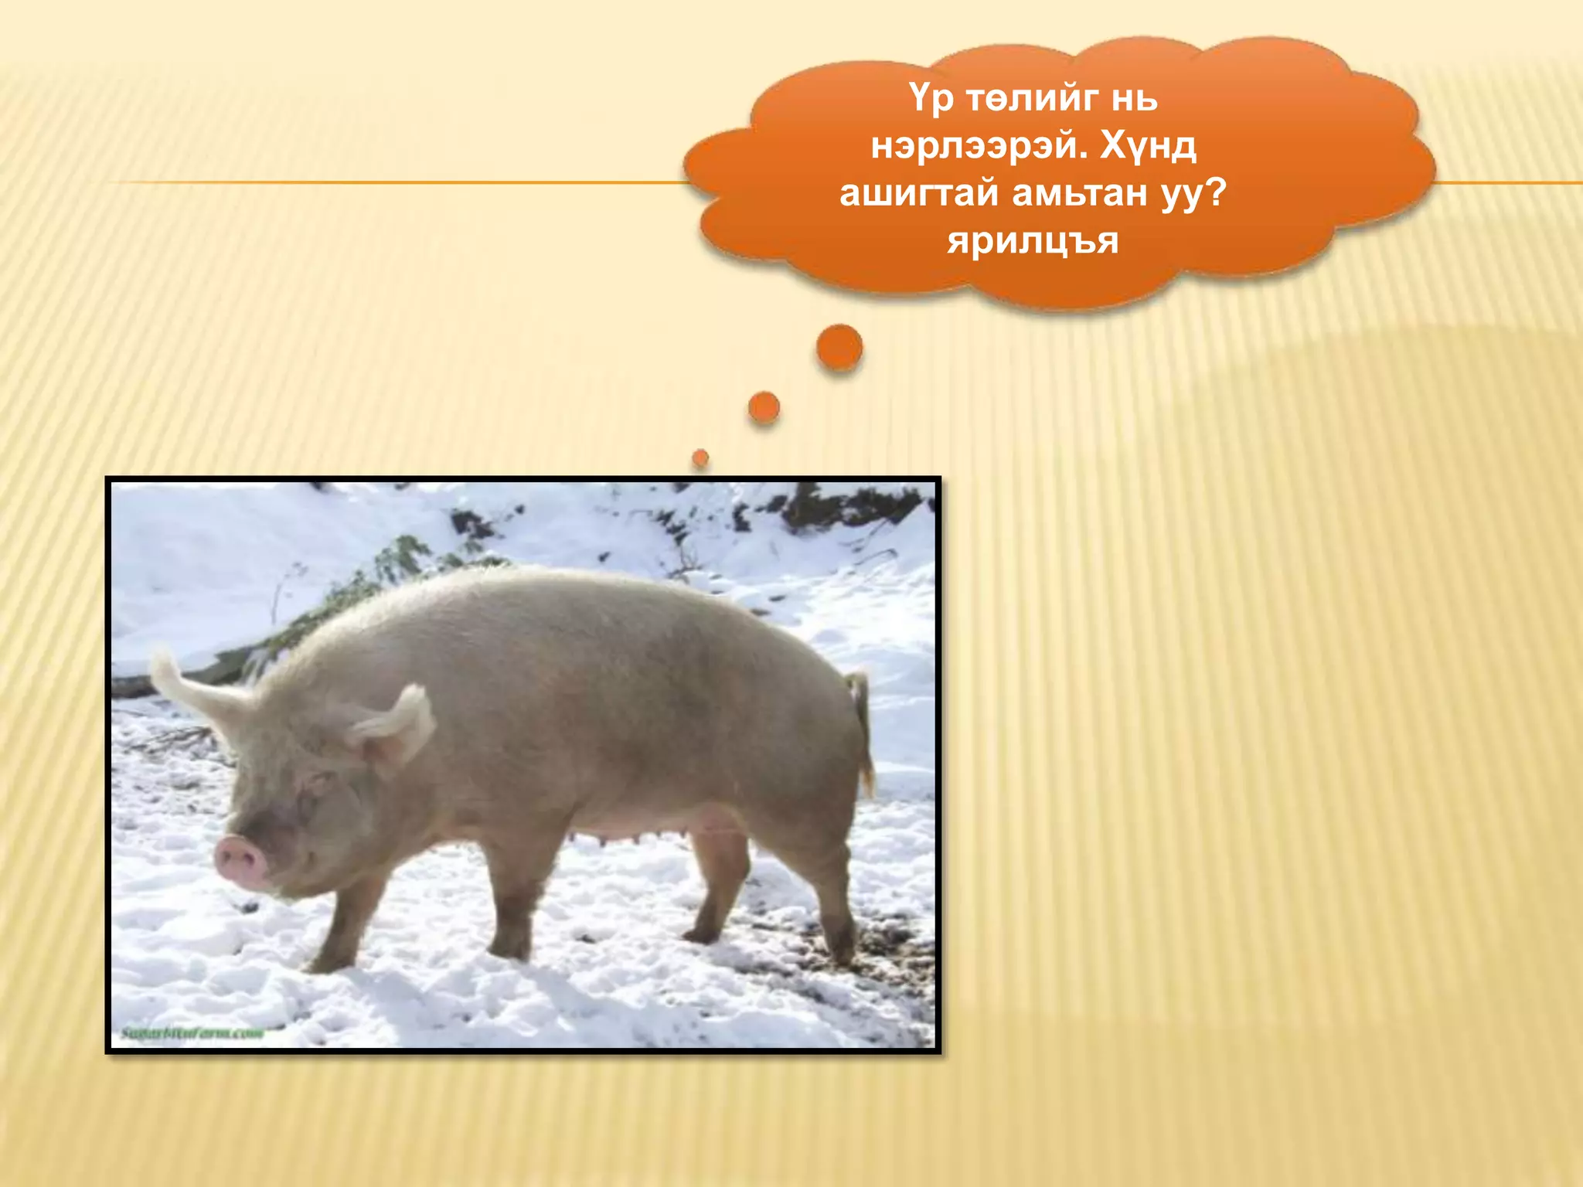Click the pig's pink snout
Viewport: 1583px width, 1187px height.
239,860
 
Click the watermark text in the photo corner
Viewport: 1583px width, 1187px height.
192,1033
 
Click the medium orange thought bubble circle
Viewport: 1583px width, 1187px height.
764,407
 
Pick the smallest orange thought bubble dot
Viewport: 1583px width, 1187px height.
700,458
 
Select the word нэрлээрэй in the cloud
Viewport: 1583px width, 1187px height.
974,146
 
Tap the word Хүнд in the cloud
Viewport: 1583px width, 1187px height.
1149,146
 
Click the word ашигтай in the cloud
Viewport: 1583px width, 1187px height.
919,193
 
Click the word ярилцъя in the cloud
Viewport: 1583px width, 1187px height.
1033,241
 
